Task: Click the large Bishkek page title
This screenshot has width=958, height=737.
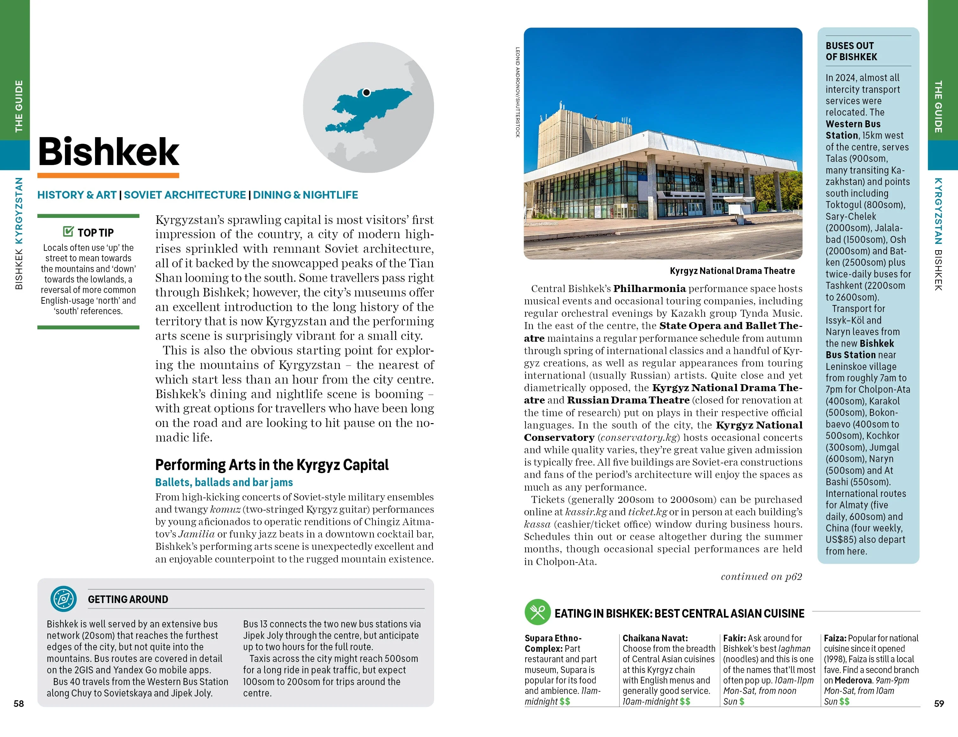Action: click(108, 151)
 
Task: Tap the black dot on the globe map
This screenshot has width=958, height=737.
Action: click(366, 92)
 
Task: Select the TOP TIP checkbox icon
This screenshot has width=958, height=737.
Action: click(68, 231)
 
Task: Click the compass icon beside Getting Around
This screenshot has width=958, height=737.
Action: click(64, 599)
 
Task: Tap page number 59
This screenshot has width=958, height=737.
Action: click(939, 704)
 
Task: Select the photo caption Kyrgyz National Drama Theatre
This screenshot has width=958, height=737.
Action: click(732, 271)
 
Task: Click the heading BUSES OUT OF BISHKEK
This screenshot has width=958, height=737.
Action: click(851, 51)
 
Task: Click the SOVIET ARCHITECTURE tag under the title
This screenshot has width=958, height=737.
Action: click(185, 195)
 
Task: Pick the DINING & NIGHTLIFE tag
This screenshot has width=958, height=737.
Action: click(305, 195)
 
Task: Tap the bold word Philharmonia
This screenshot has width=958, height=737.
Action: click(649, 289)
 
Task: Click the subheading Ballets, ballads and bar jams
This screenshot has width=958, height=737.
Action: click(224, 482)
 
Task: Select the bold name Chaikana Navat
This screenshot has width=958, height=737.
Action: click(655, 639)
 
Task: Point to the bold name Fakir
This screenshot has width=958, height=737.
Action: click(734, 639)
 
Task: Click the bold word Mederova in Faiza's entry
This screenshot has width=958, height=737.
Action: click(853, 680)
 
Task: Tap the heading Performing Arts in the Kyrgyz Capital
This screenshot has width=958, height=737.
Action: click(272, 465)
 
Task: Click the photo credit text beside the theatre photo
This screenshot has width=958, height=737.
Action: click(518, 92)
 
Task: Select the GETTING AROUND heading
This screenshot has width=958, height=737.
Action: click(128, 599)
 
